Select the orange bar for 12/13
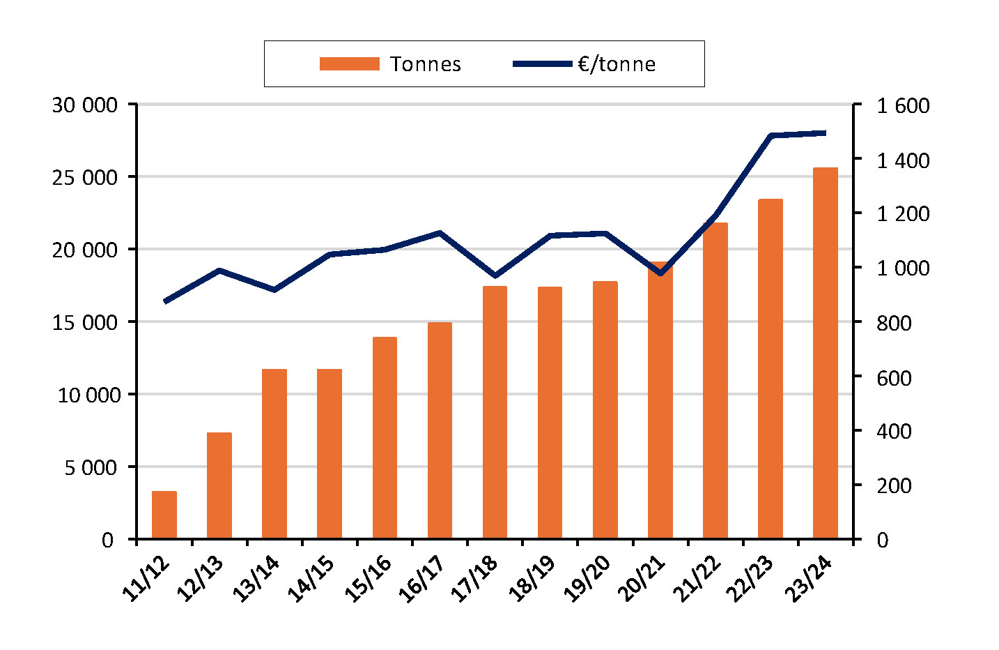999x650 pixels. pos(219,485)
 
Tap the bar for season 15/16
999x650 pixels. pos(385,438)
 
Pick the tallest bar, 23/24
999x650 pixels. pos(826,353)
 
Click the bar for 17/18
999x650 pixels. pos(495,412)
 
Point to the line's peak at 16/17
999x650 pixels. pos(440,233)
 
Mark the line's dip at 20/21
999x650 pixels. pos(660,273)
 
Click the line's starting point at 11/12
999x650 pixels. pos(165,301)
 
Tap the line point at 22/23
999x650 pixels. pos(770,135)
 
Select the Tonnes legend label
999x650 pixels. pos(426,64)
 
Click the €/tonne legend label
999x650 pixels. pos(617,64)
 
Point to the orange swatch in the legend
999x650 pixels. pos(349,64)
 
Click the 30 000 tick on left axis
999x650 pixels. pos(84,105)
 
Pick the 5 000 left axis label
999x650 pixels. pos(91,467)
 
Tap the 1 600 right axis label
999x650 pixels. pos(903,106)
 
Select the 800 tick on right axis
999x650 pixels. pos(894,323)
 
